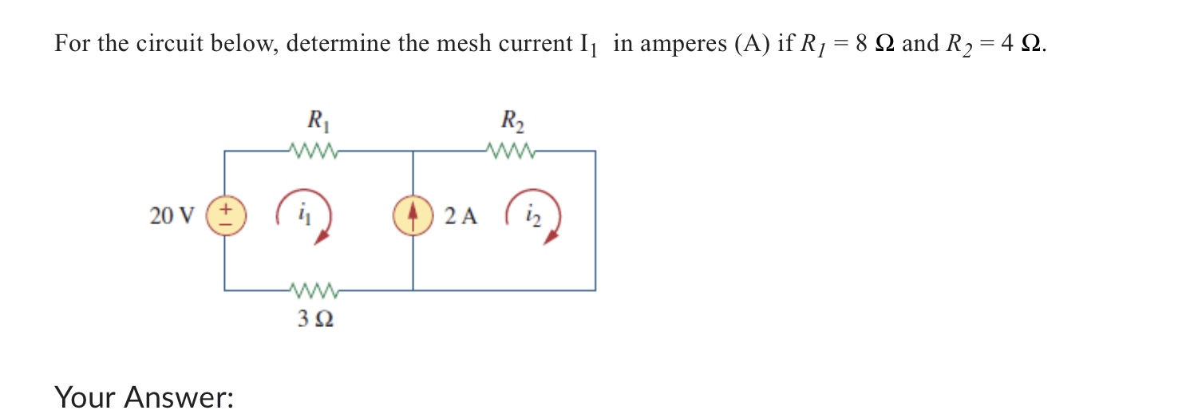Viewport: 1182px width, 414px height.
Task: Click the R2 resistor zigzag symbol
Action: (x=510, y=150)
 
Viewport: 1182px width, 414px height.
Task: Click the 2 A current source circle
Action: (x=413, y=215)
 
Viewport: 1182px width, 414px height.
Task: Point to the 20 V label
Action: (x=172, y=215)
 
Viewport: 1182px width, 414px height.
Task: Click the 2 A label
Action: (x=461, y=215)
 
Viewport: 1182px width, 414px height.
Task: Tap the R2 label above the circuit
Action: (x=512, y=122)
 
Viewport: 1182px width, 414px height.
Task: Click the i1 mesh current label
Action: (x=305, y=214)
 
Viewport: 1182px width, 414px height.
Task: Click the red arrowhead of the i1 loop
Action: (x=321, y=236)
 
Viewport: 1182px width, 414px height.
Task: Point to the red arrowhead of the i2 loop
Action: (x=550, y=237)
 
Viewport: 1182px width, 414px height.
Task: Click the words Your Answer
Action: (x=144, y=396)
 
